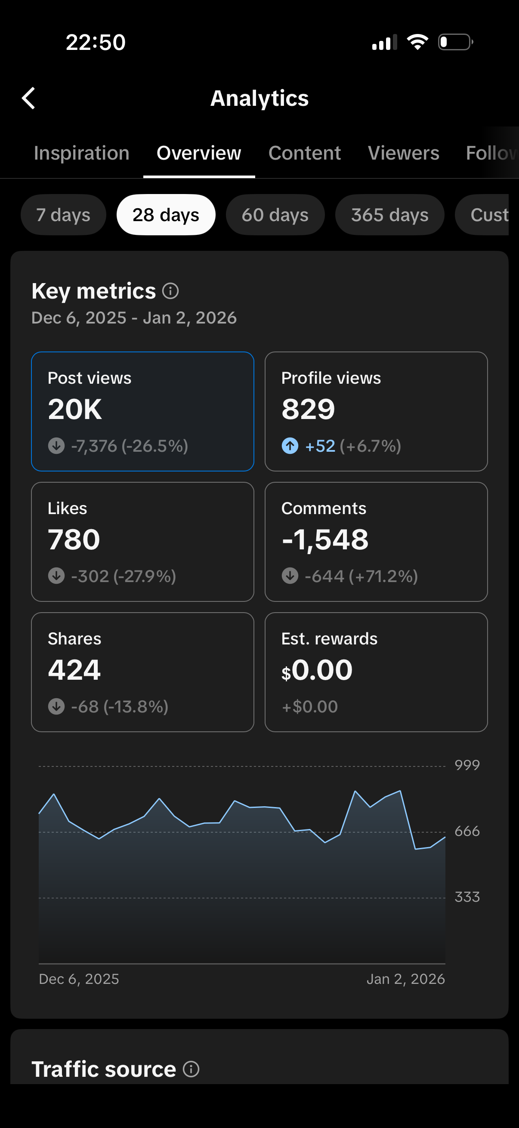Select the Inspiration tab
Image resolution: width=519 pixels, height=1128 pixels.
point(81,153)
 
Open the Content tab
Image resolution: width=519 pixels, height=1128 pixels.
point(304,153)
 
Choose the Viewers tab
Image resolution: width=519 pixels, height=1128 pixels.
point(403,153)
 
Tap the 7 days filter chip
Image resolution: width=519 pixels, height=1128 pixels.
point(63,215)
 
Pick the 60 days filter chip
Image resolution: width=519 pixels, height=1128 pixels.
point(275,215)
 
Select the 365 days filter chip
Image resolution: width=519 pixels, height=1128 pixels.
point(389,215)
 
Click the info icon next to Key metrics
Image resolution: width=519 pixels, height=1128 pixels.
point(170,291)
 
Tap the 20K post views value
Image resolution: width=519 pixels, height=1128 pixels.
point(75,410)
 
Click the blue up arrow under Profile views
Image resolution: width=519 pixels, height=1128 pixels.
point(290,446)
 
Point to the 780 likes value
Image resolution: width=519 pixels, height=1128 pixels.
point(74,539)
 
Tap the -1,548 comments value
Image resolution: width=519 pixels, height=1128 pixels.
point(325,539)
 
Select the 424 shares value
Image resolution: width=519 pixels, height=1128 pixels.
point(74,670)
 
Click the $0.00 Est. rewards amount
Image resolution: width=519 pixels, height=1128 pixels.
point(317,670)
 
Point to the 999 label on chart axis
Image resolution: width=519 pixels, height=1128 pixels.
point(467,765)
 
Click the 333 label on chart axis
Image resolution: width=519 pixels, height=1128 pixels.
point(467,897)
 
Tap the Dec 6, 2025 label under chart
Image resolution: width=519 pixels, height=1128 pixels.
point(79,979)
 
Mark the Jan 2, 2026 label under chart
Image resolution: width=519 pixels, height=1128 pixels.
point(405,979)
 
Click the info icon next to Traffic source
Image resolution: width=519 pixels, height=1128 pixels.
point(191,1069)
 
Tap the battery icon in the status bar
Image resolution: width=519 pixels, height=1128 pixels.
point(455,42)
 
